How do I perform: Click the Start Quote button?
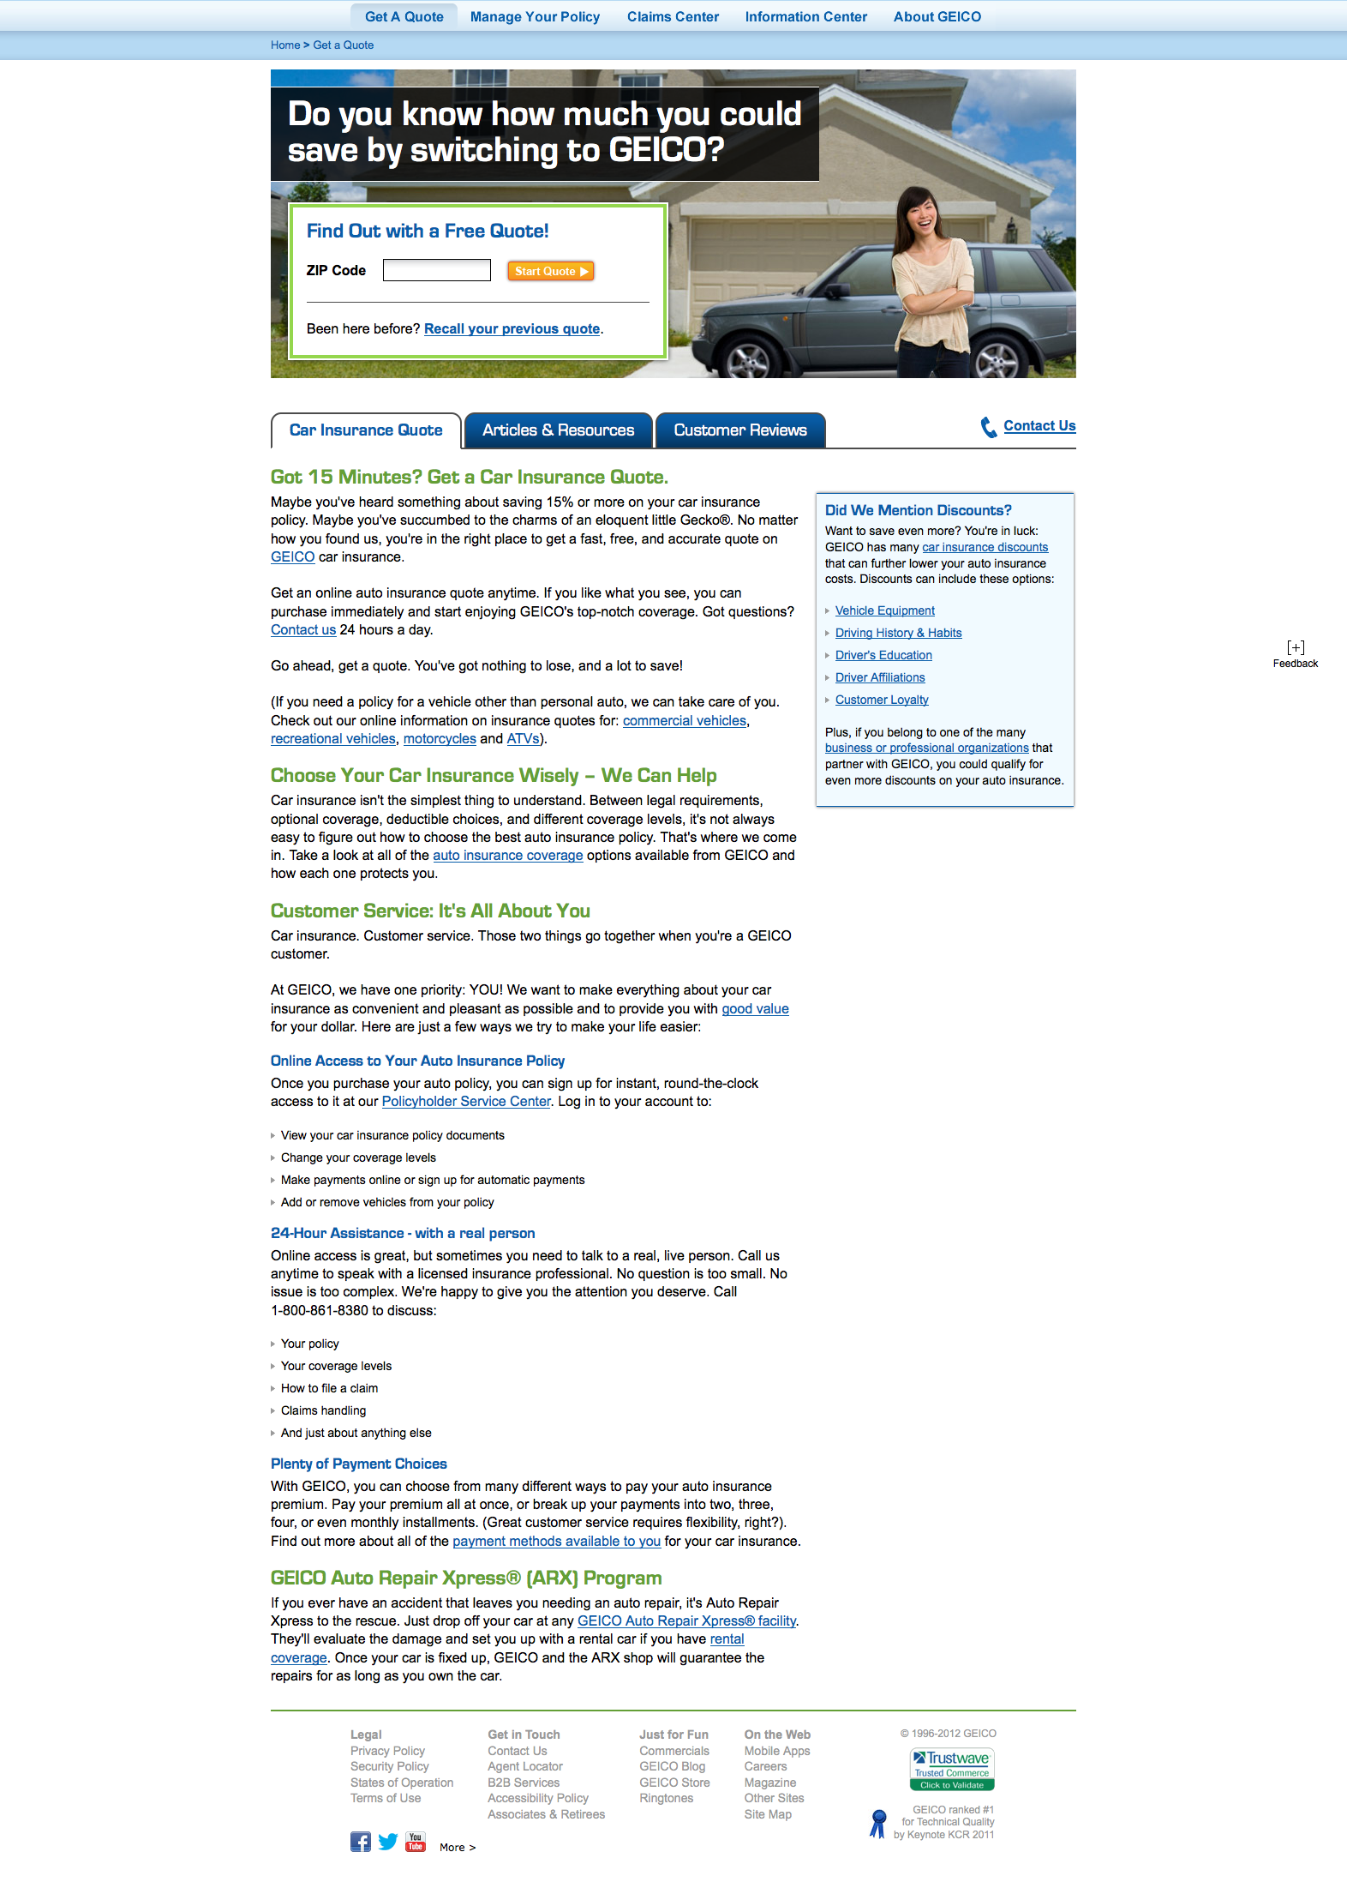click(550, 271)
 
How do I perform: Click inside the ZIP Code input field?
click(436, 271)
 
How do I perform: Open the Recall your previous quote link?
click(512, 329)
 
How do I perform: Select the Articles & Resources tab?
click(558, 430)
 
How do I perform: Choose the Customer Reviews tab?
click(739, 430)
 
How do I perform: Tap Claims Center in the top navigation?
click(673, 17)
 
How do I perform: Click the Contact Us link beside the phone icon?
click(1039, 426)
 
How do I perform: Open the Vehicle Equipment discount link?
click(884, 611)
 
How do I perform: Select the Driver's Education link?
click(883, 656)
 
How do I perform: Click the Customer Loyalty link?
click(882, 700)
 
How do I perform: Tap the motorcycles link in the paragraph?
click(440, 739)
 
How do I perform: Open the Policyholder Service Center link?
click(466, 1102)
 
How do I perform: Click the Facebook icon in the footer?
click(361, 1842)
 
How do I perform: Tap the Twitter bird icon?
click(388, 1842)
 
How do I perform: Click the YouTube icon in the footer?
click(416, 1842)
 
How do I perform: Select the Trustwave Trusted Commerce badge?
click(951, 1770)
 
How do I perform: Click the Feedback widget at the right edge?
click(1295, 654)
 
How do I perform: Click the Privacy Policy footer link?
click(387, 1751)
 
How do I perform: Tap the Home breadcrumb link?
click(285, 45)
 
